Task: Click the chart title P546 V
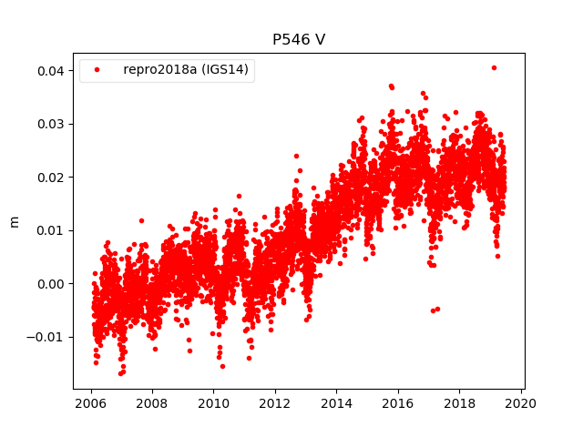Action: (x=299, y=40)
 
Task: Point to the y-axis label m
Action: (x=14, y=221)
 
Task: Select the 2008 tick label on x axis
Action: (x=152, y=404)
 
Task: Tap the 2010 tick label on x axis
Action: (x=213, y=404)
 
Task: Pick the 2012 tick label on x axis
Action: (x=275, y=404)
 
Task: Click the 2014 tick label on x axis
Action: (x=336, y=404)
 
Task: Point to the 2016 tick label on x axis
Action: (x=398, y=404)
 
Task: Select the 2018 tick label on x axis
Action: (x=459, y=404)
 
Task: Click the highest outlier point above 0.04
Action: (x=494, y=67)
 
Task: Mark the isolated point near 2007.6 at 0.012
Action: (x=141, y=220)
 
